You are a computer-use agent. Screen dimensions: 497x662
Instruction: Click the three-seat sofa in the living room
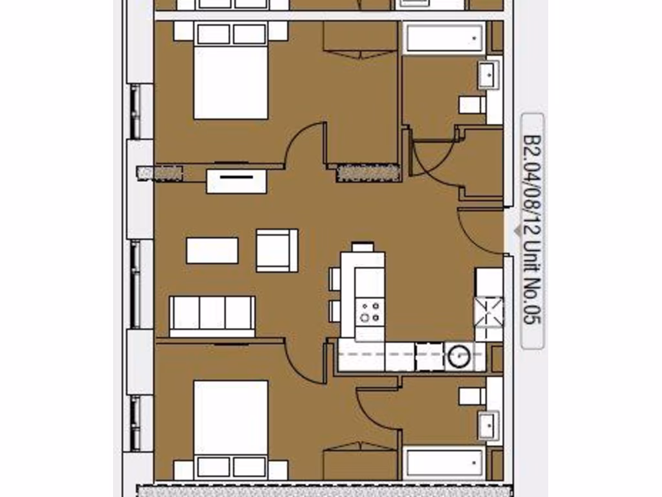tap(212, 315)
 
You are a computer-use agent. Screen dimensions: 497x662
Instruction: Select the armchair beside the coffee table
tap(277, 250)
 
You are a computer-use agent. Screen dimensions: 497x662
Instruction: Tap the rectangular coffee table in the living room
tap(212, 250)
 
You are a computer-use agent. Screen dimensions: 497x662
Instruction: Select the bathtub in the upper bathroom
tap(445, 38)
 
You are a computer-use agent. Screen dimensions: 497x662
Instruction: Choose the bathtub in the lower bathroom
tap(445, 463)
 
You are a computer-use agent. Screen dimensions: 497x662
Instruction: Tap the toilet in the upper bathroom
tap(472, 104)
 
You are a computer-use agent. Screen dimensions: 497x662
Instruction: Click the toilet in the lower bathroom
tap(472, 396)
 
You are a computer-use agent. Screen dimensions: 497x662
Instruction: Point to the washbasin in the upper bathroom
tap(489, 75)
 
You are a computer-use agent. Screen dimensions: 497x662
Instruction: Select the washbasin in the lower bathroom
tap(489, 426)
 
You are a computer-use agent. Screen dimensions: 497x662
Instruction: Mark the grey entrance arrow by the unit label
tap(517, 230)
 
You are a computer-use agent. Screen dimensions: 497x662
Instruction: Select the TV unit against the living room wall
tap(237, 181)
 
